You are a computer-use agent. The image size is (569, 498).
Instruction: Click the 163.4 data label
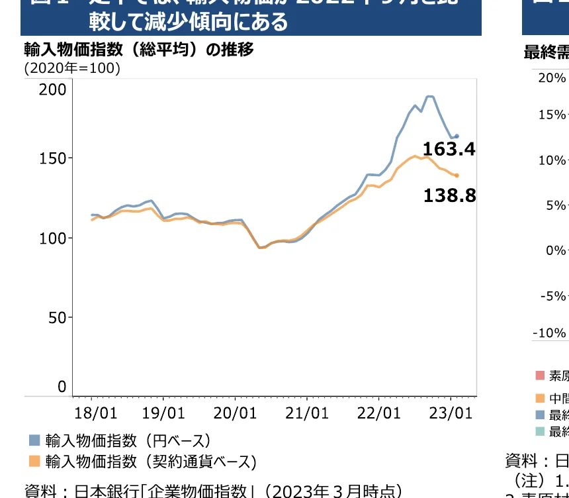(449, 150)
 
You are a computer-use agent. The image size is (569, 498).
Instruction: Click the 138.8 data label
(449, 195)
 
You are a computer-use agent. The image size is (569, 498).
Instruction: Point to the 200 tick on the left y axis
(52, 89)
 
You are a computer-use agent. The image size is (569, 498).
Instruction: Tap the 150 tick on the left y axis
(52, 158)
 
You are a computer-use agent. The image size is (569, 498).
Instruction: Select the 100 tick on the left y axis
(52, 238)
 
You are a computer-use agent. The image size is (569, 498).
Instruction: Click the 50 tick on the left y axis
(57, 317)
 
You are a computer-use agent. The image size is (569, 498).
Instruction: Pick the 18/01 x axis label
(96, 413)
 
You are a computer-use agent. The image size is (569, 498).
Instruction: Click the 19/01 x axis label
(163, 413)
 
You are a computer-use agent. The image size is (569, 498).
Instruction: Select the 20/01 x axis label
(236, 413)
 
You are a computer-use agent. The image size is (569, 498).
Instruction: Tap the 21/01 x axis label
(307, 413)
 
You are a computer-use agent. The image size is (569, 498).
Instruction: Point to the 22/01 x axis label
(379, 413)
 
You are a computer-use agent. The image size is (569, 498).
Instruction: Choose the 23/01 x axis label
(451, 413)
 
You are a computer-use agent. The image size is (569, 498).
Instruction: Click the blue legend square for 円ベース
(34, 440)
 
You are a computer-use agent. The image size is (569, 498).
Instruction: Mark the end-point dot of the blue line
(457, 136)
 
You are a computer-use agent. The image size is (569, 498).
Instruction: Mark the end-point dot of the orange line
(457, 175)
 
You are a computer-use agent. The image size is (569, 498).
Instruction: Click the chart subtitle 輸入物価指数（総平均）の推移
(139, 50)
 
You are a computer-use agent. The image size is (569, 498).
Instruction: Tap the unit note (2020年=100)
(73, 68)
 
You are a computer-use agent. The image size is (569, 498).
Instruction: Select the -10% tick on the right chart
(550, 332)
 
